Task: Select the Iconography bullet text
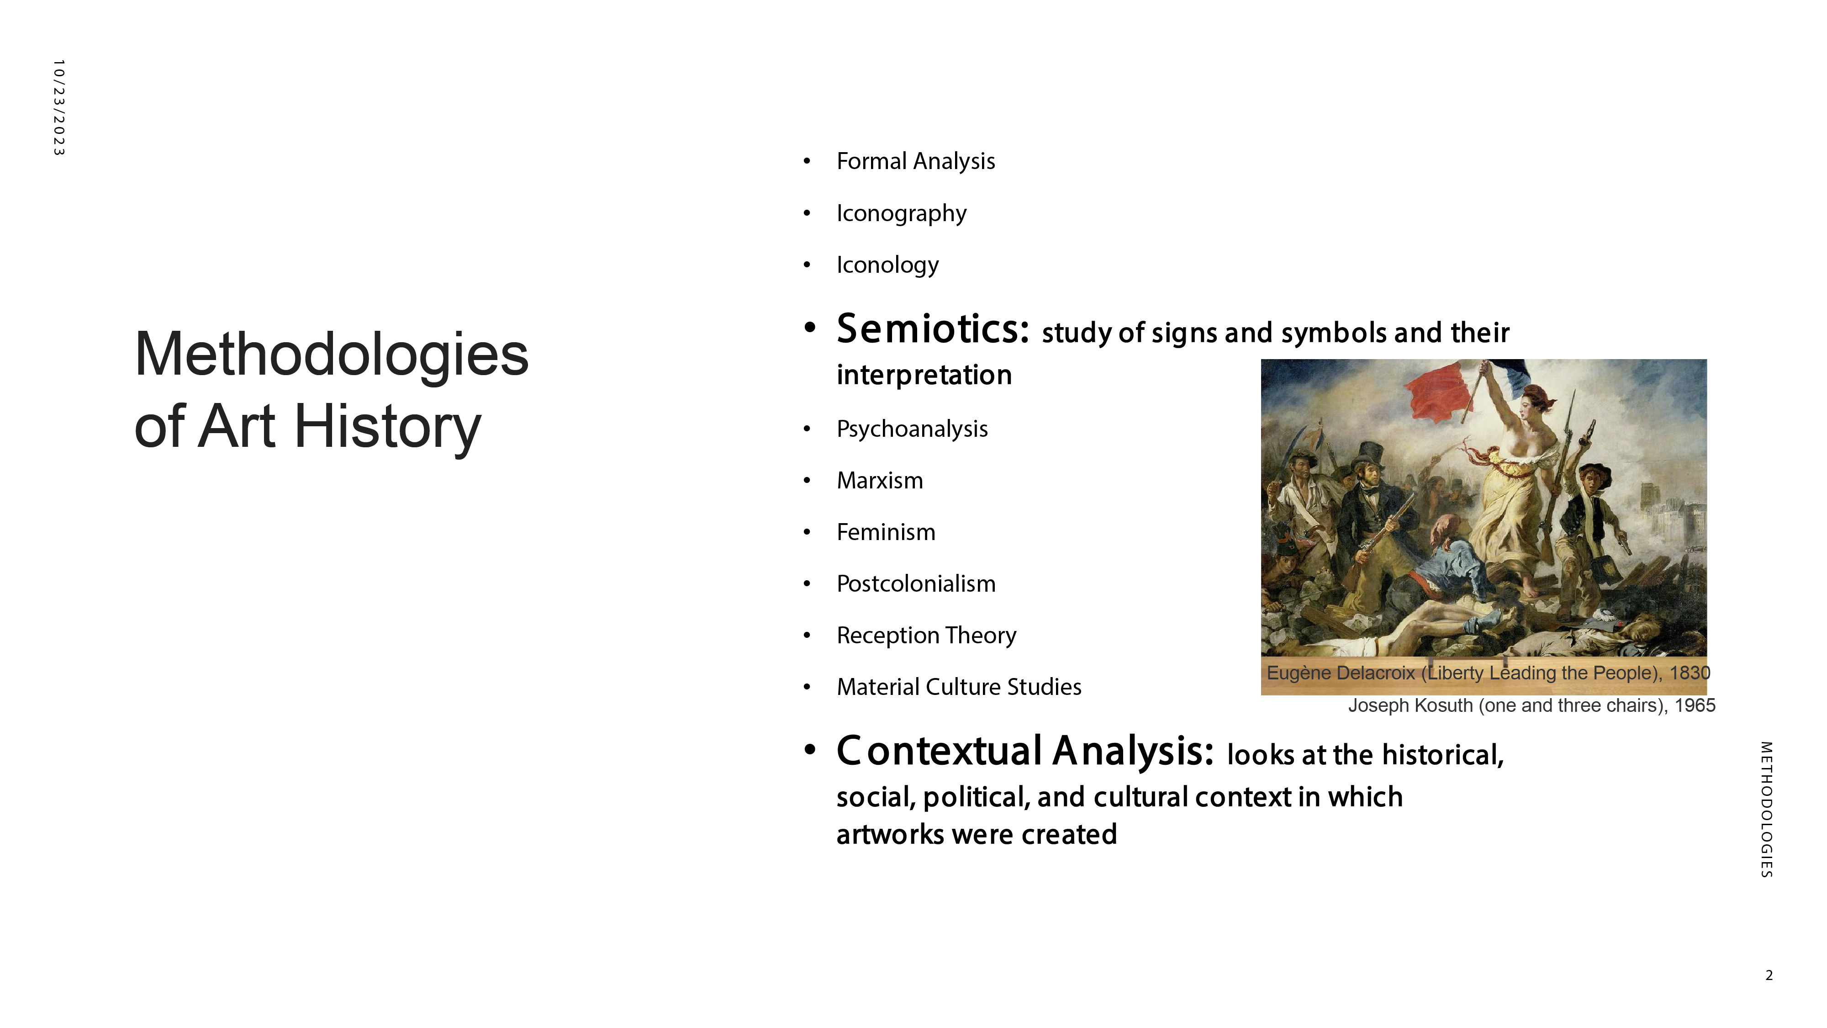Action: [x=902, y=213]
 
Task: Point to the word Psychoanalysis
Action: [x=912, y=429]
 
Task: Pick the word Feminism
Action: [x=886, y=532]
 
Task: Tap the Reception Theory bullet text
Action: [x=926, y=636]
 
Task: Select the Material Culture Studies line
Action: [x=959, y=687]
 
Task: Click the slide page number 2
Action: [x=1769, y=975]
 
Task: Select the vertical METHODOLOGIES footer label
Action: [x=1767, y=810]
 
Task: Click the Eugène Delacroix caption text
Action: [x=1489, y=673]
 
